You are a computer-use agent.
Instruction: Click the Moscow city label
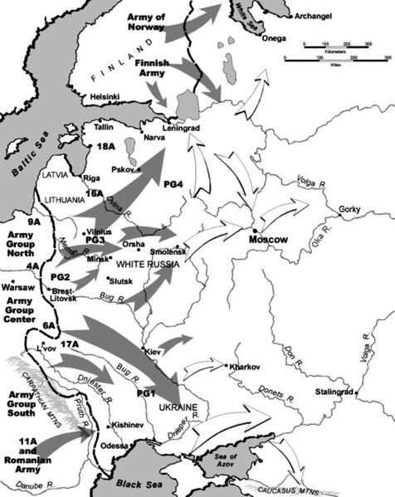point(268,239)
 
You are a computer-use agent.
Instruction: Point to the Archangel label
point(317,15)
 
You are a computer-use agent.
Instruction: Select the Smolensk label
point(169,249)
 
